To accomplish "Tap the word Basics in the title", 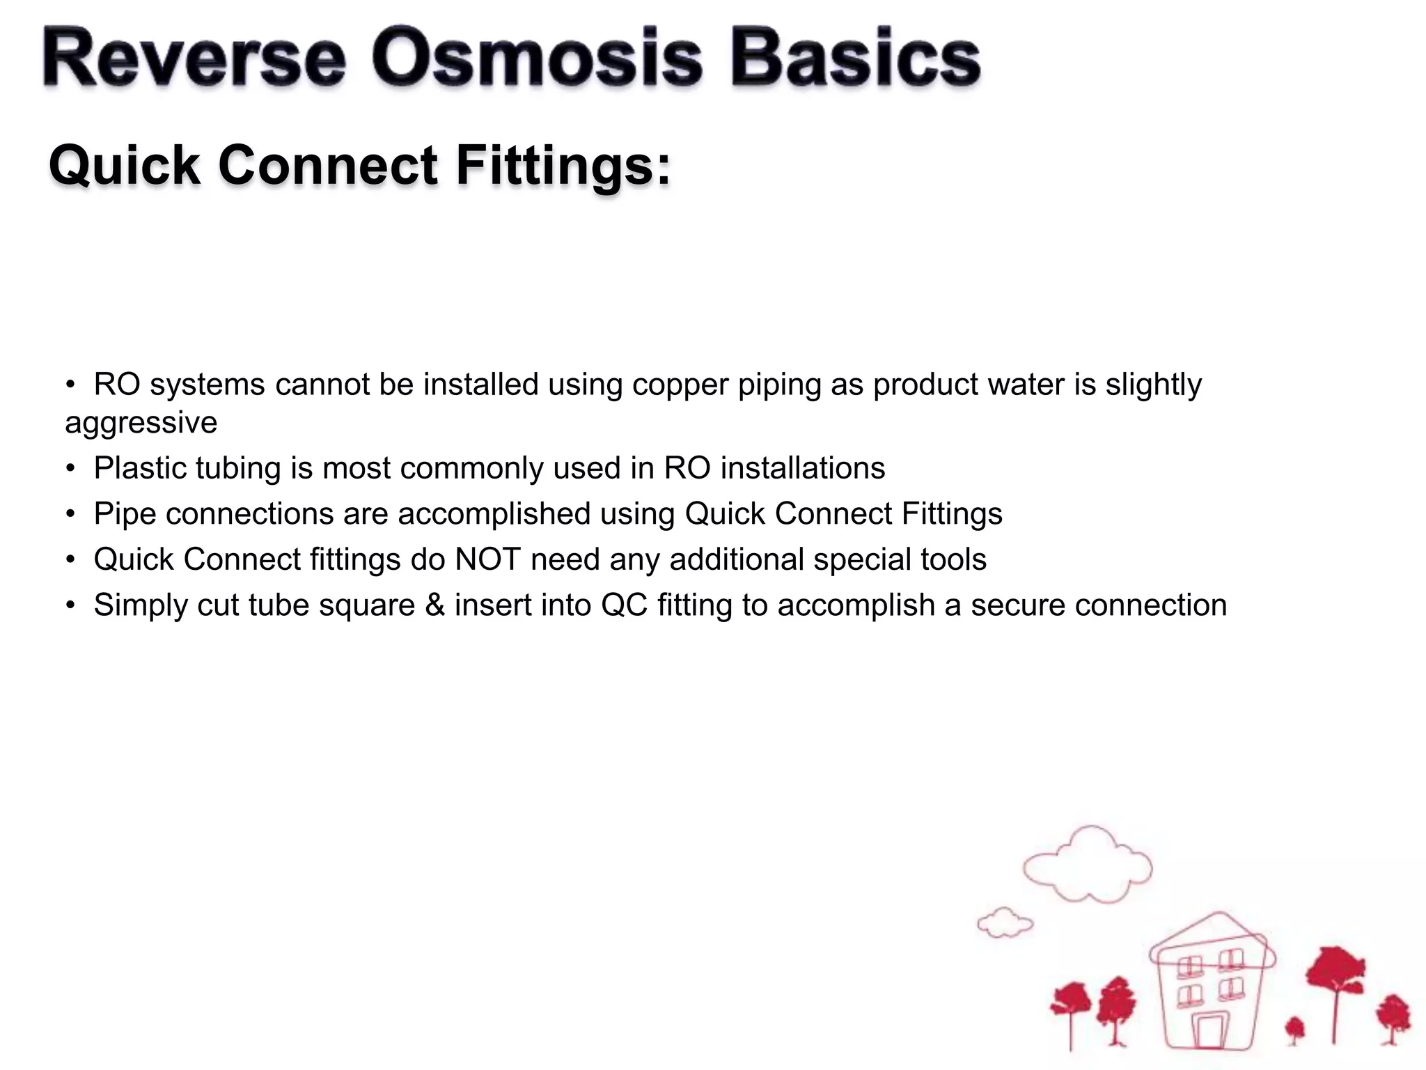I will coord(855,59).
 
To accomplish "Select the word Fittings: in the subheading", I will coord(564,166).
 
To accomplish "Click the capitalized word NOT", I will coord(487,559).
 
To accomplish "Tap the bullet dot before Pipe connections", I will coord(70,514).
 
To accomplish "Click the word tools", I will coord(954,559).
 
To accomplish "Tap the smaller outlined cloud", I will coord(1005,924).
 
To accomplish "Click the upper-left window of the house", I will coord(1189,967).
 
